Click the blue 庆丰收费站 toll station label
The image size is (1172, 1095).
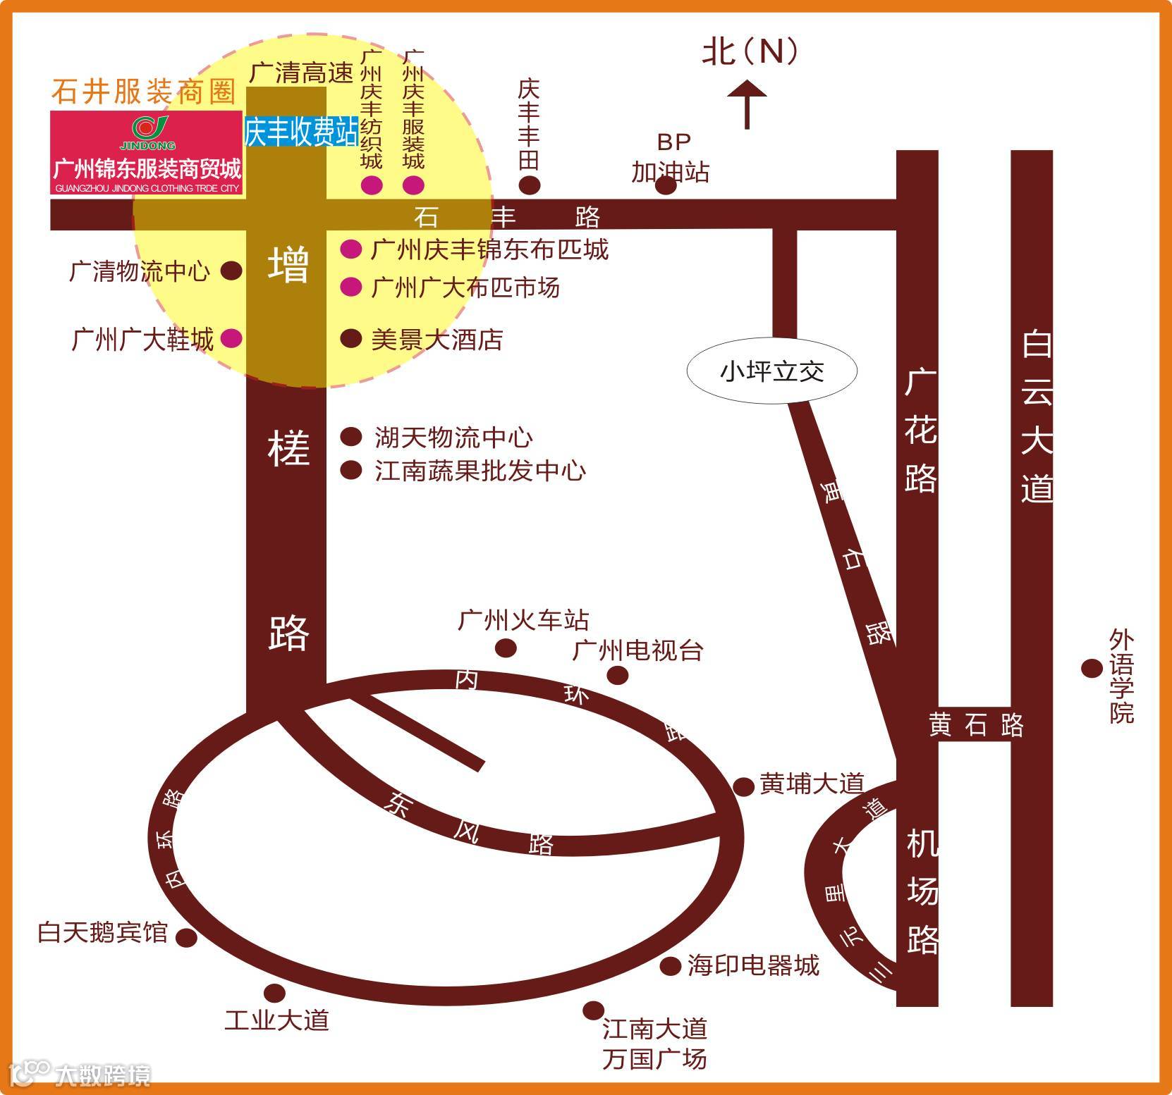tap(300, 132)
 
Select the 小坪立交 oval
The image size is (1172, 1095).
tap(772, 371)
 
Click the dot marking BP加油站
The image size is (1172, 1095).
tap(666, 185)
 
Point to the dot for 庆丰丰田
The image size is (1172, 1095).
tap(530, 185)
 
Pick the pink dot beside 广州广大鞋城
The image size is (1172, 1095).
tap(231, 339)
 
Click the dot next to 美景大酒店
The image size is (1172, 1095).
tap(350, 339)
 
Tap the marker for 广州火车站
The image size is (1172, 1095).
tap(506, 648)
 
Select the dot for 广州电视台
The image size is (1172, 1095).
tap(618, 675)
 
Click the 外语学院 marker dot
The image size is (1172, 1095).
tap(1092, 668)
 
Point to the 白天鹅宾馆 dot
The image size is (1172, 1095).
tap(185, 938)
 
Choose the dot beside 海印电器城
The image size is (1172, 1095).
tap(670, 966)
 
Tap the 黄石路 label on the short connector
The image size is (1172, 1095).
tap(975, 725)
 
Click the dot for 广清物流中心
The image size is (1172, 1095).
tap(231, 271)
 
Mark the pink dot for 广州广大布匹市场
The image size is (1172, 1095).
tap(350, 287)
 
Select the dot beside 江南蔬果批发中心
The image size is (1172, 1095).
tap(350, 470)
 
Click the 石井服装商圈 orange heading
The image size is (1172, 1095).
tap(143, 92)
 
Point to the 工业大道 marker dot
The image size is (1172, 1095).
tap(274, 994)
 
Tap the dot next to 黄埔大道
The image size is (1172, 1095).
tap(743, 786)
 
